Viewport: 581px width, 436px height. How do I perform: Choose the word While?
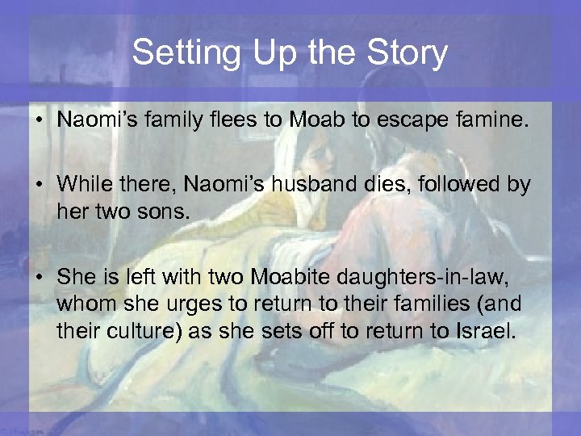(x=82, y=186)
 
